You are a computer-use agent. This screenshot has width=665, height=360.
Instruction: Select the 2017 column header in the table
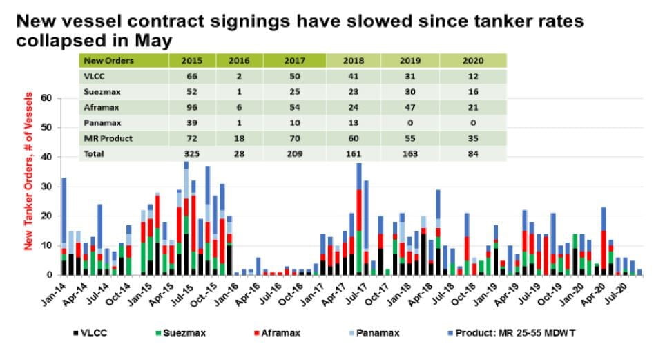tap(293, 61)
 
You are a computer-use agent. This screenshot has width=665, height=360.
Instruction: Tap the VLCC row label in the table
tap(94, 76)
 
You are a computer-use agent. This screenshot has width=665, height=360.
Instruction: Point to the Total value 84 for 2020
tap(472, 154)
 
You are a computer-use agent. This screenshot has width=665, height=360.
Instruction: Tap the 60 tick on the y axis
tap(47, 98)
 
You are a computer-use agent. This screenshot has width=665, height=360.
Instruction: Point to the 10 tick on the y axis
tap(47, 245)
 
